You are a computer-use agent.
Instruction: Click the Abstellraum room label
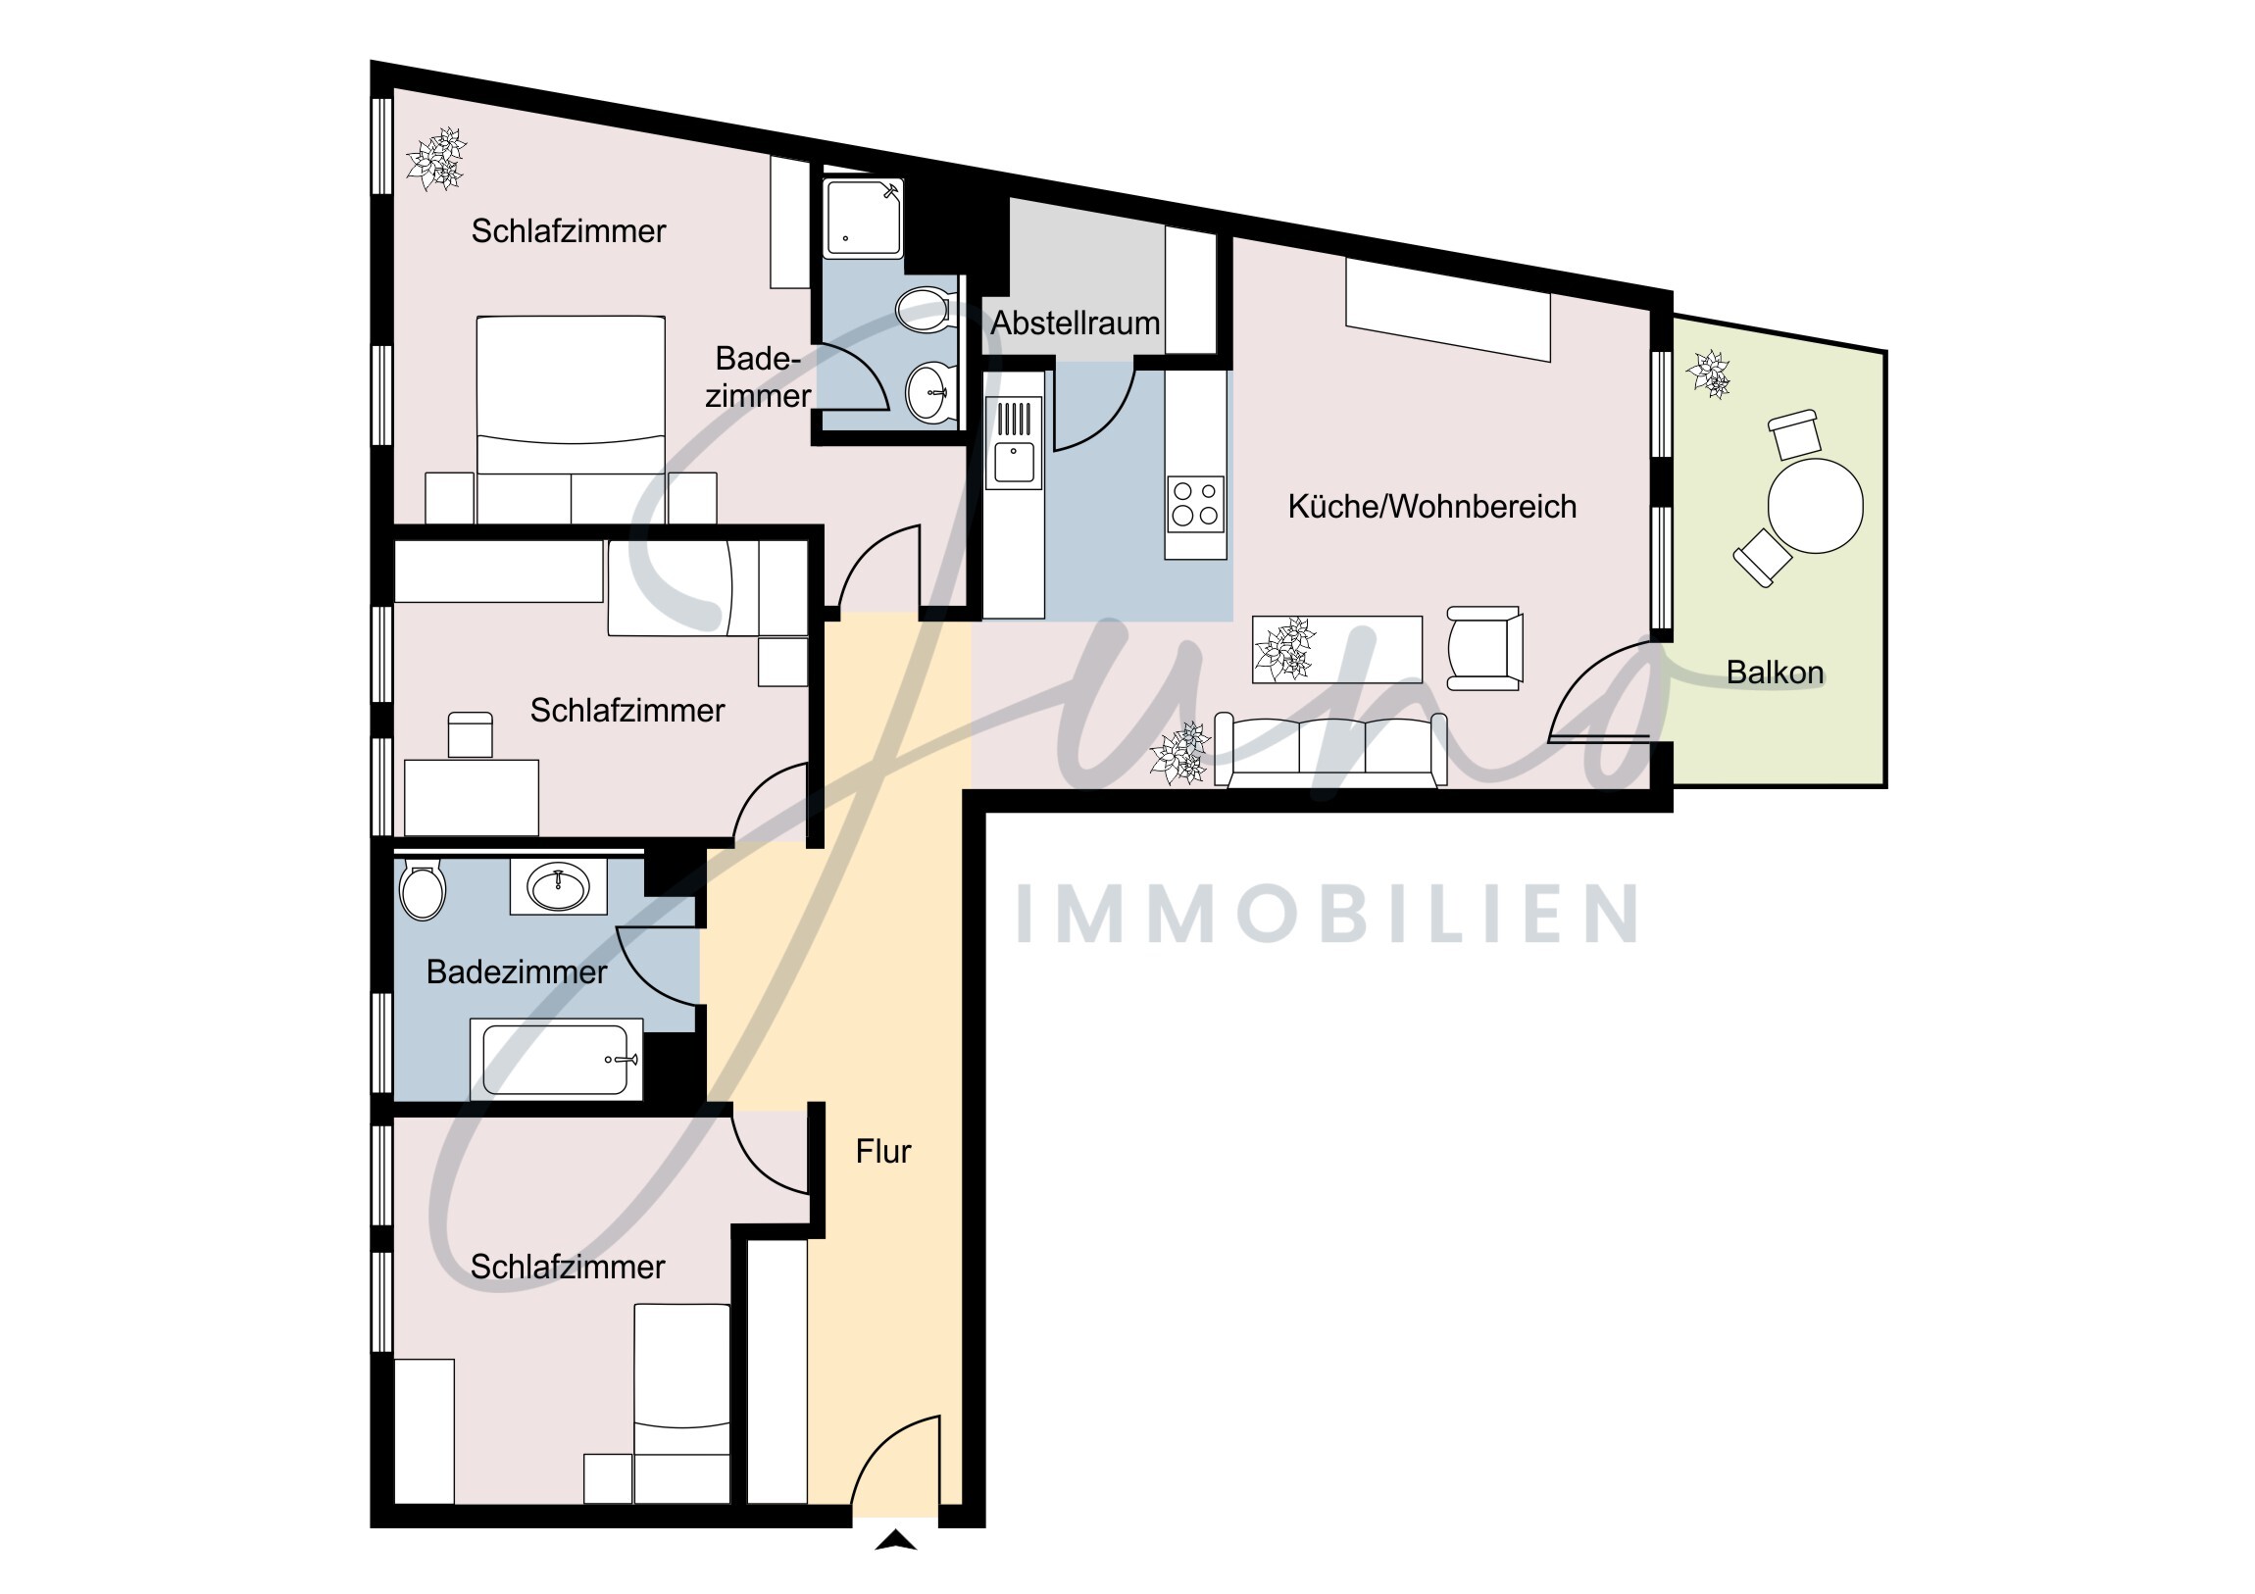pos(1076,324)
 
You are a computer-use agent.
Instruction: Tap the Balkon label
pos(1775,672)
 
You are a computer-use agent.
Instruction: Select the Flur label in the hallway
pos(883,1151)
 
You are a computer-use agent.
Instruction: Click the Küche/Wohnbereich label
pos(1432,507)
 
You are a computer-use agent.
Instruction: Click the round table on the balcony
pos(1815,506)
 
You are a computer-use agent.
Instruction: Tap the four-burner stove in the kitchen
pos(1195,503)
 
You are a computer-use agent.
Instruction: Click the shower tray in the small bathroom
pos(863,218)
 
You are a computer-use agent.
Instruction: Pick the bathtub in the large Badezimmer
pos(556,1059)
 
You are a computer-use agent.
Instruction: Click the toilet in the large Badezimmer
pos(423,889)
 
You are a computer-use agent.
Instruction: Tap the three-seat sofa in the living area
pos(1330,749)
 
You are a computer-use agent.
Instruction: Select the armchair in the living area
pos(1484,647)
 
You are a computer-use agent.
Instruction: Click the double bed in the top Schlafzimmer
pos(571,420)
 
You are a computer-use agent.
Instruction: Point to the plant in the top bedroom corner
pos(436,158)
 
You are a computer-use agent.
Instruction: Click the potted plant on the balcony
pos(1709,374)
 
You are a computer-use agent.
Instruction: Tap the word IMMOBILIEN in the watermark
pos(1326,915)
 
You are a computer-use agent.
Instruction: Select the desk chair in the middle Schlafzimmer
pos(471,734)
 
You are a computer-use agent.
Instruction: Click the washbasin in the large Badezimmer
pos(559,887)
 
